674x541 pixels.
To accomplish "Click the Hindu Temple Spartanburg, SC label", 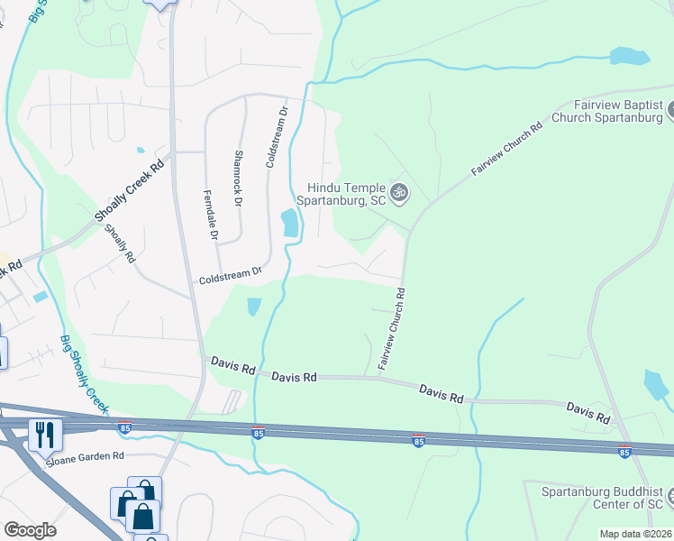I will (346, 193).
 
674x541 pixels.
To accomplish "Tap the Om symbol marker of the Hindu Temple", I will (400, 191).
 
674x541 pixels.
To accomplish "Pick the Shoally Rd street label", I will (118, 243).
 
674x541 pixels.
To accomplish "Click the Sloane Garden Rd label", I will (86, 457).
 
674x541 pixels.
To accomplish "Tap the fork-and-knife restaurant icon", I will (43, 435).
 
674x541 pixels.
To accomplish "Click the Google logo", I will (30, 530).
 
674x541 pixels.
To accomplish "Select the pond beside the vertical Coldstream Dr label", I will (290, 223).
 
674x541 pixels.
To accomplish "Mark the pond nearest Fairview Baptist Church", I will (629, 56).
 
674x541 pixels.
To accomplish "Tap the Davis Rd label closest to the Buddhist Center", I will (588, 414).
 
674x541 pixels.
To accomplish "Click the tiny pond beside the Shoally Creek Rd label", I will (140, 151).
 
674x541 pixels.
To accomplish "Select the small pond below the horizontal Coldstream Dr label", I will (254, 307).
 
